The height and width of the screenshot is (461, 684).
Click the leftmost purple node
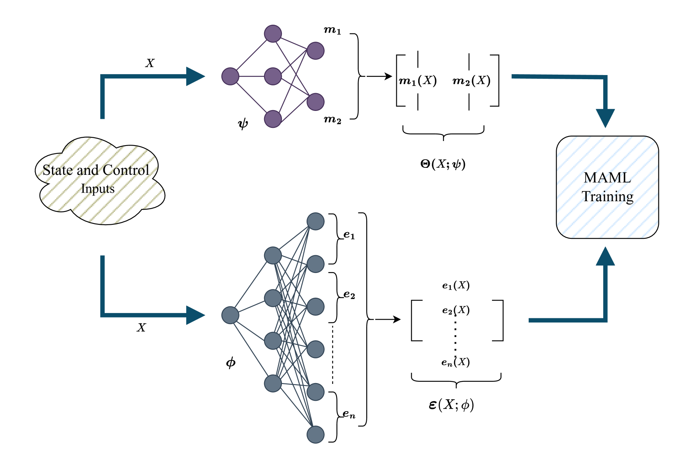click(x=230, y=76)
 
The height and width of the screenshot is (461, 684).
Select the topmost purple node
click(x=273, y=33)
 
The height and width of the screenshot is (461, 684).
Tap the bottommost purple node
click(x=273, y=119)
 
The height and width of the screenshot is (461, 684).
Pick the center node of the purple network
click(x=273, y=76)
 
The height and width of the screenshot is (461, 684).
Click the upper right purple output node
click(x=316, y=51)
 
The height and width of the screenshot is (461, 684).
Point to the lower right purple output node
click(x=316, y=102)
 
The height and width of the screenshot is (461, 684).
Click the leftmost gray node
click(x=230, y=315)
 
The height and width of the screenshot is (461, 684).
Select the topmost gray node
click(x=316, y=221)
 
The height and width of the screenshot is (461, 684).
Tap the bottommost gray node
click(x=316, y=435)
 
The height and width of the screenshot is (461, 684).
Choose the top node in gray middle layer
click(x=273, y=255)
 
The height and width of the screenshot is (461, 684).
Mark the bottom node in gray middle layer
click(x=273, y=383)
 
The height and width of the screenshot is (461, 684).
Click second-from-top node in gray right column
click(x=316, y=264)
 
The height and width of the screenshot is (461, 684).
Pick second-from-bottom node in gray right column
click(x=316, y=392)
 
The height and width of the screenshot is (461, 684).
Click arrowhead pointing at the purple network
click(x=195, y=76)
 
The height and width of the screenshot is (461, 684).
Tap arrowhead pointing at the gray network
click(x=195, y=315)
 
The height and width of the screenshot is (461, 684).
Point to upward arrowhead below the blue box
click(x=605, y=257)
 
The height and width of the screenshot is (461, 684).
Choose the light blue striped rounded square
click(x=607, y=187)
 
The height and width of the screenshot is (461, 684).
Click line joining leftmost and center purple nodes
click(x=251, y=76)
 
